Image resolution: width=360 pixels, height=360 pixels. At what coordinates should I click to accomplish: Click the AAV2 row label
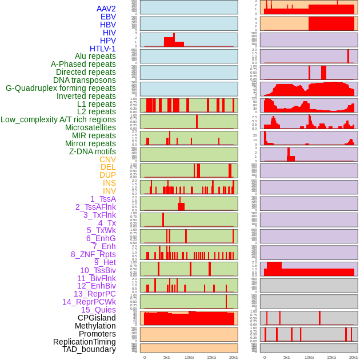(106, 9)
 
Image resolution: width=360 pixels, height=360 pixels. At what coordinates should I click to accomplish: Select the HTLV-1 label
(103, 49)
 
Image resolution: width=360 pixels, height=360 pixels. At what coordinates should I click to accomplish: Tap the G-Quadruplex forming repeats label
(61, 88)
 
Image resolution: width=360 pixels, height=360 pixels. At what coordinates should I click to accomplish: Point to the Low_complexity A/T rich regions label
(58, 119)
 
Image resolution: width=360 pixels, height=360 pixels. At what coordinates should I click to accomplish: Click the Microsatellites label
(90, 127)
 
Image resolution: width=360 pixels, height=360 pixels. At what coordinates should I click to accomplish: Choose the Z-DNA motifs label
(93, 151)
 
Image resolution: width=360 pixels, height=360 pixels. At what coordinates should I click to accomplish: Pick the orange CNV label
(107, 159)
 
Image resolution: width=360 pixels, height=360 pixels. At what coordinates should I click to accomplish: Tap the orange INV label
(109, 191)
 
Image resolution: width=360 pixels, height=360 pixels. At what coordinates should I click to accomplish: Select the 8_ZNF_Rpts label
(93, 254)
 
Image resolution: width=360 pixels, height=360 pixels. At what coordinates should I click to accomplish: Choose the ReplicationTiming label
(85, 342)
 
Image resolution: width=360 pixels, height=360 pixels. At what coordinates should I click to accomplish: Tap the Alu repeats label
(95, 56)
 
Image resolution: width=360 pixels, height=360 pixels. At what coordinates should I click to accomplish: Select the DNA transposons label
(85, 80)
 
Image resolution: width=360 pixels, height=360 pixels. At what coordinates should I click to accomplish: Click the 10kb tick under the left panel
(189, 357)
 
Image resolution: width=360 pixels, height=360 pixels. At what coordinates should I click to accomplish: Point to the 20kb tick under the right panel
(354, 357)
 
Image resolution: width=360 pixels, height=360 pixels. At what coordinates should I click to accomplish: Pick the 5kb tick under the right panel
(286, 357)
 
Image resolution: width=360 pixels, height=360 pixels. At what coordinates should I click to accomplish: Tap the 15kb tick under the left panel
(211, 357)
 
